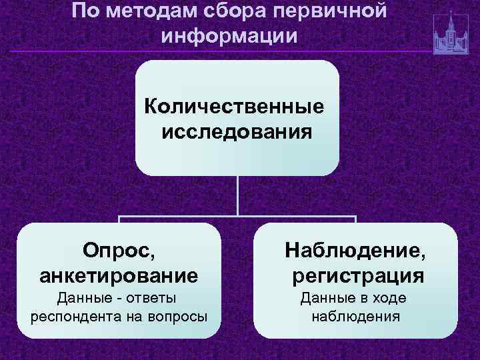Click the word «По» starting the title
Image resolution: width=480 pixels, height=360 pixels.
pyautogui.click(x=83, y=11)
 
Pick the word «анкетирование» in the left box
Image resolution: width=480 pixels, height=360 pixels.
pyautogui.click(x=119, y=274)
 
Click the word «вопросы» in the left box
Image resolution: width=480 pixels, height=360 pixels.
pyautogui.click(x=180, y=315)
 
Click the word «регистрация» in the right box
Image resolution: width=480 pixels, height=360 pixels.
pyautogui.click(x=357, y=274)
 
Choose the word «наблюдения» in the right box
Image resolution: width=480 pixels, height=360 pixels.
pyautogui.click(x=355, y=315)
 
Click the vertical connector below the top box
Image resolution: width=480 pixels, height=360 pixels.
pyautogui.click(x=237, y=196)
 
